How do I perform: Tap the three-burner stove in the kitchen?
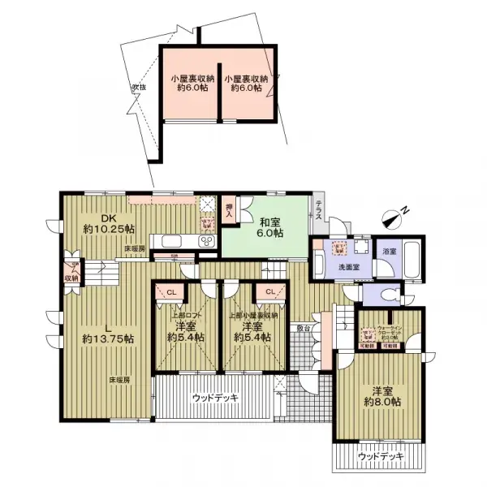click(x=205, y=241)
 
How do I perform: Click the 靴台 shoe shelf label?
click(x=303, y=329)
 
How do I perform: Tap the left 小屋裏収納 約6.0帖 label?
click(x=192, y=84)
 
